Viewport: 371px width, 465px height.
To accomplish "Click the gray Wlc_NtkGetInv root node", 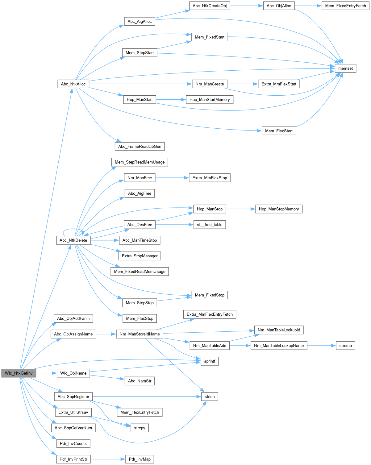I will (x=19, y=373).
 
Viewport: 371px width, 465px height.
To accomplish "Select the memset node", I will (x=345, y=69).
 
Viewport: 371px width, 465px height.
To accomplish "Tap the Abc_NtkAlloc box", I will (x=73, y=84).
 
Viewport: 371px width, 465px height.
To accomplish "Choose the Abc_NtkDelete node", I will (x=73, y=240).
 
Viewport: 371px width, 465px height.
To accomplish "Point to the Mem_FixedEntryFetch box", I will (x=345, y=6).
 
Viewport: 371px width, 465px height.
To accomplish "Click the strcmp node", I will (x=345, y=346).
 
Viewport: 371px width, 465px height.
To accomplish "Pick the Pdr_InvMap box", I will (x=140, y=459).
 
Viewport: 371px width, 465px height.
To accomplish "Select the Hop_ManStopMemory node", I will (x=279, y=209).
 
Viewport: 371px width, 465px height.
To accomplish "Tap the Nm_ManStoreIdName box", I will (x=140, y=334).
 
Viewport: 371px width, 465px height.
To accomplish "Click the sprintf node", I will (x=210, y=361).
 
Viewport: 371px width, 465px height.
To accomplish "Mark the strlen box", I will (x=210, y=397).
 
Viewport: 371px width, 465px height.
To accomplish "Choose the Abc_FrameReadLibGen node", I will (x=140, y=147).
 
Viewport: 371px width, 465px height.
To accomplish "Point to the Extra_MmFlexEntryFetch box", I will (x=210, y=314).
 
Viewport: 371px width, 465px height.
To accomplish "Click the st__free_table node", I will (x=210, y=225).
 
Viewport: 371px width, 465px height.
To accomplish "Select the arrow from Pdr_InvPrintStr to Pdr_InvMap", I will (x=108, y=459).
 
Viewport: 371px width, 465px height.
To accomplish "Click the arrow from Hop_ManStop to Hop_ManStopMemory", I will (x=241, y=209).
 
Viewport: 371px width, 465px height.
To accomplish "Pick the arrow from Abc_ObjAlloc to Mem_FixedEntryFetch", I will (x=308, y=6).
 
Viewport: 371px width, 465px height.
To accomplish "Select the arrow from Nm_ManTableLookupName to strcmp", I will (x=321, y=346).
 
